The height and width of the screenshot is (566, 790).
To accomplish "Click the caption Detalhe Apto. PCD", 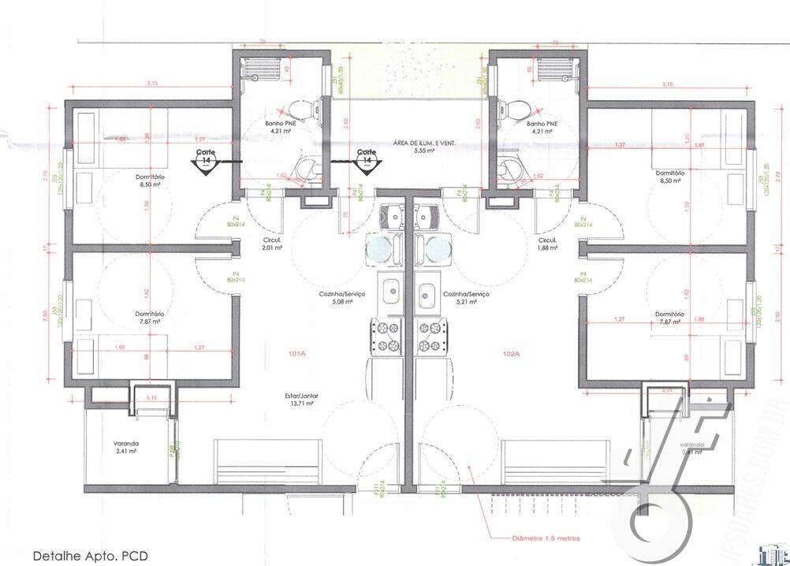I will coord(90,555).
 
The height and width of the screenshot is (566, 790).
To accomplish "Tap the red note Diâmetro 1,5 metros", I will coord(546,538).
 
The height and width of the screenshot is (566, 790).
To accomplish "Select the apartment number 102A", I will coord(511,354).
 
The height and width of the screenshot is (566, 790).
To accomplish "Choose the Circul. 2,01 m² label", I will coord(273,244).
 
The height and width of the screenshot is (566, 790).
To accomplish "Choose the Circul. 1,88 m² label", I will coord(547,244).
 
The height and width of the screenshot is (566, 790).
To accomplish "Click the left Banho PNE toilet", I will coord(300,109).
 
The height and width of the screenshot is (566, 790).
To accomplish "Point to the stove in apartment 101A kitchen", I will coord(388,336).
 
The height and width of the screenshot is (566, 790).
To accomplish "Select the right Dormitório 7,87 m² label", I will coord(669,317).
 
